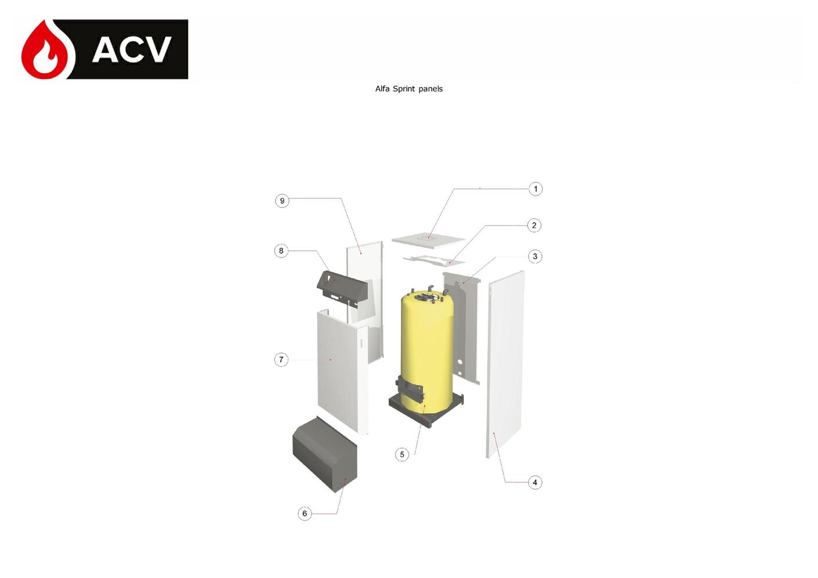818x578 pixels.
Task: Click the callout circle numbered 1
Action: click(535, 189)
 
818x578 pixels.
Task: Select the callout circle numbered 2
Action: click(534, 225)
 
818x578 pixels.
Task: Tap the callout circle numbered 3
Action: click(535, 257)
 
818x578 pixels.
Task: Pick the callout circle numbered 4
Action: click(535, 483)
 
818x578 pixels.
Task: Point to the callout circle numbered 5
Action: click(402, 454)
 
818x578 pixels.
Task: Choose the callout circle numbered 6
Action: click(305, 514)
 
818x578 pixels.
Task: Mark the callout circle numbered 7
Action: click(281, 360)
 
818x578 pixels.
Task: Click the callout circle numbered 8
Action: click(281, 251)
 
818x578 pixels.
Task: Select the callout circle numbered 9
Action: click(282, 201)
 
